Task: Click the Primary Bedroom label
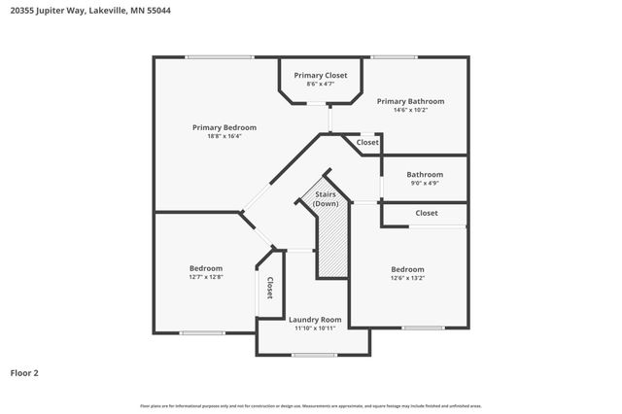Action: click(225, 127)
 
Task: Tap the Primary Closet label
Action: click(321, 75)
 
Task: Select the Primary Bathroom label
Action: click(410, 101)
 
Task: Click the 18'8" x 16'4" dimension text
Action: click(225, 136)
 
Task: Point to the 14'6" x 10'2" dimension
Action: click(410, 110)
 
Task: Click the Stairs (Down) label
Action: click(326, 199)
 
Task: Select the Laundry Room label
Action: click(315, 319)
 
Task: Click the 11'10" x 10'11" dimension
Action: click(315, 328)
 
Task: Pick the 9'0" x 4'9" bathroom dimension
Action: click(425, 183)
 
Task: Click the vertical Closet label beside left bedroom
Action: click(269, 289)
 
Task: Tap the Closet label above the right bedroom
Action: click(427, 213)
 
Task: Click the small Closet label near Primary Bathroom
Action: click(367, 143)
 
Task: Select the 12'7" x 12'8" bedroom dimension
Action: click(206, 277)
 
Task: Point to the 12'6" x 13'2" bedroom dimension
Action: click(408, 278)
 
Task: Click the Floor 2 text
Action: click(24, 372)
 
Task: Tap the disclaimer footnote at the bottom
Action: click(311, 405)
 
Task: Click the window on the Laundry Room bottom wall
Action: click(313, 355)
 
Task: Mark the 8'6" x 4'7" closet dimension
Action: click(321, 84)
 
